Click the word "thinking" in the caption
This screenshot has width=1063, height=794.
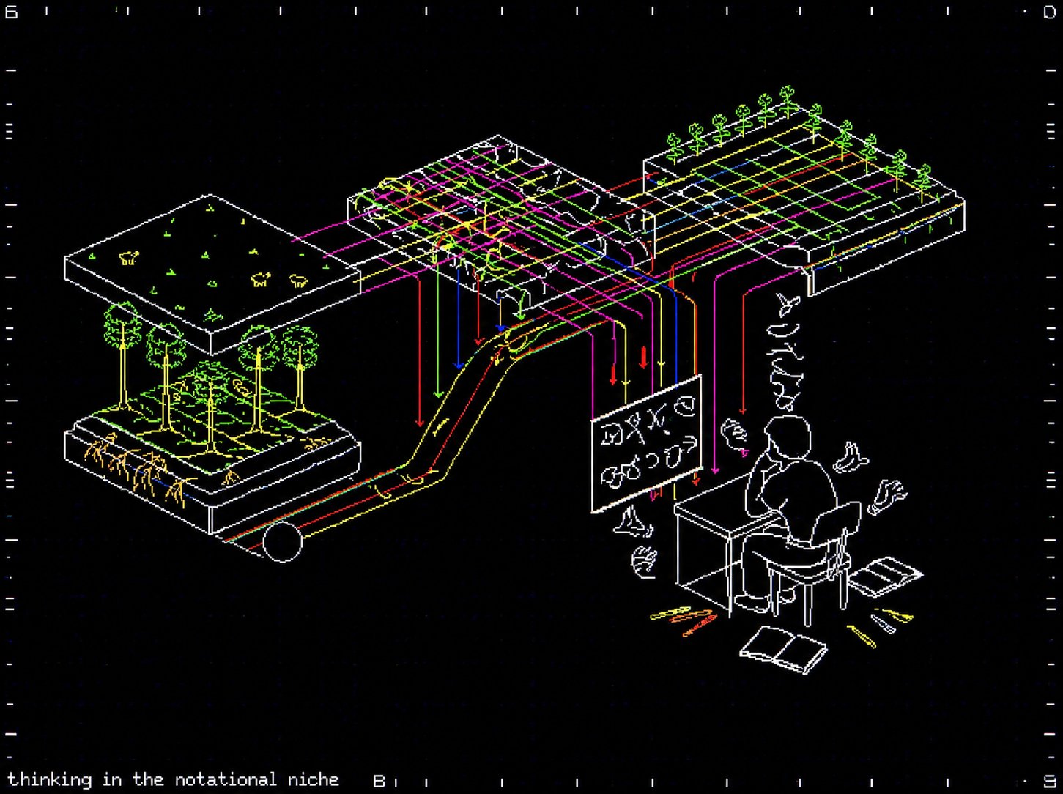click(x=50, y=780)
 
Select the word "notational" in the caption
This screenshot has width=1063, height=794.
click(x=226, y=779)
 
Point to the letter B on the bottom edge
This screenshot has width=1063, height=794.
click(x=379, y=781)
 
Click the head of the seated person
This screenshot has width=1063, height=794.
click(x=787, y=436)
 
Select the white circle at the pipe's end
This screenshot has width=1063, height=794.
click(x=283, y=541)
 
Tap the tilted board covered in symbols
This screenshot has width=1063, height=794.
click(x=646, y=443)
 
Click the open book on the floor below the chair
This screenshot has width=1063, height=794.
click(x=784, y=650)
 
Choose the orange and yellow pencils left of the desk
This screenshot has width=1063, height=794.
click(x=684, y=619)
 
